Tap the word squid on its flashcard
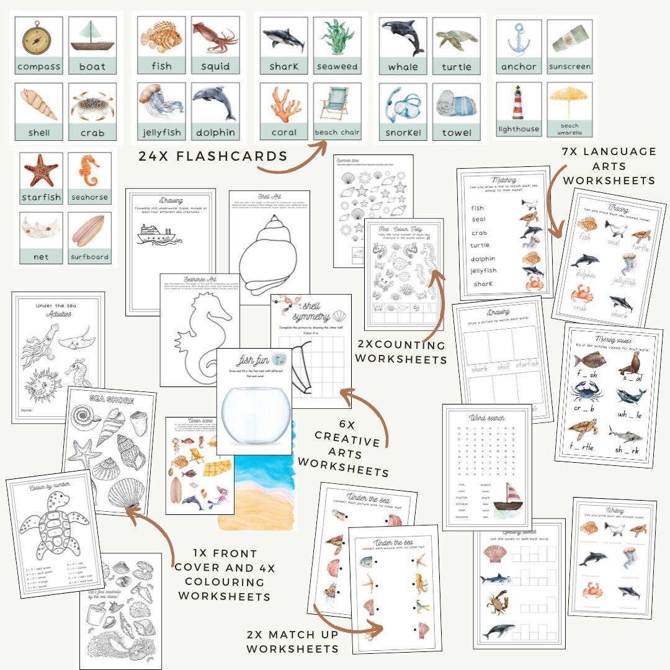(x=215, y=66)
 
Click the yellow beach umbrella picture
(x=569, y=100)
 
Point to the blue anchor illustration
(x=519, y=38)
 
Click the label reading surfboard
(x=89, y=256)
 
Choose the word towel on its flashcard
(x=457, y=132)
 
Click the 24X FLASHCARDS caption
(x=213, y=156)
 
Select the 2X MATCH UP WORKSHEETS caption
(x=293, y=641)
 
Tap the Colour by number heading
(x=48, y=488)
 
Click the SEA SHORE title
(x=111, y=400)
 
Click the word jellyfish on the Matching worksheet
(x=485, y=270)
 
